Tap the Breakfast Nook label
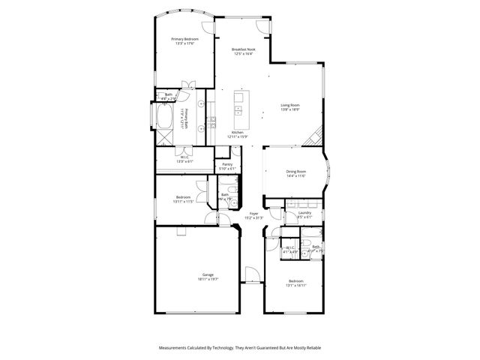pos(241,49)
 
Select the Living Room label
pos(289,105)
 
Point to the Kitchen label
pos(237,132)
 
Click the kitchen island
pos(240,108)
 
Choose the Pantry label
pos(227,164)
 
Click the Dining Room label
pos(295,172)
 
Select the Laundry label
pos(304,213)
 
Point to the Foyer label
pos(253,214)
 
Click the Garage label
pos(207,274)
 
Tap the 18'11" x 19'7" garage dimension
pos(208,279)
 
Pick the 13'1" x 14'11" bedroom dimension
pos(295,285)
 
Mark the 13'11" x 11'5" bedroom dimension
pos(184,202)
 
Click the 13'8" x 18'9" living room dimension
pos(289,109)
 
